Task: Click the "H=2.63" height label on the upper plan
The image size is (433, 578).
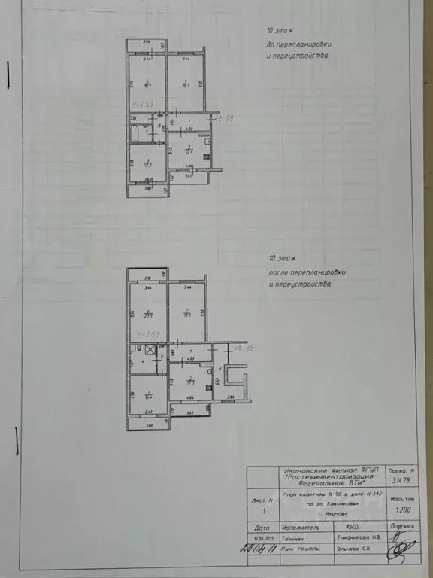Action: coord(138,104)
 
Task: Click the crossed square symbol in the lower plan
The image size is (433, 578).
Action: coord(150,349)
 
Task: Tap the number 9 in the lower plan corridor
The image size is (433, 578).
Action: coord(219,370)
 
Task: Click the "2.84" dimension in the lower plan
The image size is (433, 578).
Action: coord(232,397)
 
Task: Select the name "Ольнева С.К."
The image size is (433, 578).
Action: coord(353,550)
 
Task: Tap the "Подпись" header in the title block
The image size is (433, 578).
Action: coord(403,528)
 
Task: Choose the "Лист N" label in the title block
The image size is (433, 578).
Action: coord(259,499)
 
